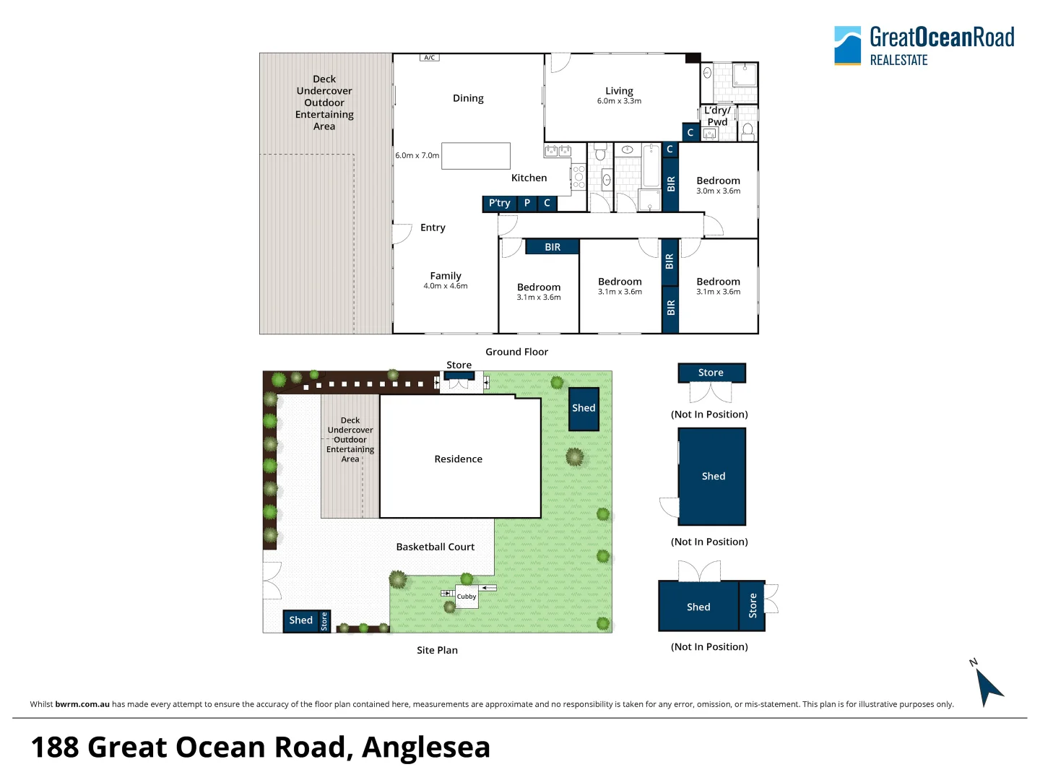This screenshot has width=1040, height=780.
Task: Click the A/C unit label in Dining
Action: pyautogui.click(x=429, y=57)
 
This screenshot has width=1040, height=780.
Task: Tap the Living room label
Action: pyautogui.click(x=619, y=91)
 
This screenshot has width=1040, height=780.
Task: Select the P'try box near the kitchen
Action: pyautogui.click(x=500, y=204)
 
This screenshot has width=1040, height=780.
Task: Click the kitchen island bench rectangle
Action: pyautogui.click(x=475, y=156)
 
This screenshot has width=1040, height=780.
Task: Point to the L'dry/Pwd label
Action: pyautogui.click(x=717, y=116)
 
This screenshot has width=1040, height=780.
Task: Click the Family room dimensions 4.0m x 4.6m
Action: pyautogui.click(x=446, y=286)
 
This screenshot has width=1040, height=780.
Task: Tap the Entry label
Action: pyautogui.click(x=433, y=227)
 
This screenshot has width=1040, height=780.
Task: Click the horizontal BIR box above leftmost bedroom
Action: pyautogui.click(x=552, y=247)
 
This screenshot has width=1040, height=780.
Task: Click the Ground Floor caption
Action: pyautogui.click(x=516, y=352)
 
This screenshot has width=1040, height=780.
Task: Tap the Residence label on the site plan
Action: pyautogui.click(x=458, y=459)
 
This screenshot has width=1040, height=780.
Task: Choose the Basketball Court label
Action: pyautogui.click(x=435, y=547)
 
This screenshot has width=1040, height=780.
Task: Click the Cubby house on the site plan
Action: pyautogui.click(x=467, y=597)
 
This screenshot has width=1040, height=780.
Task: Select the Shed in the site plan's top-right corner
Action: pyautogui.click(x=584, y=408)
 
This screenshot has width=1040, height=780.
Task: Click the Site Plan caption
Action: pyautogui.click(x=437, y=650)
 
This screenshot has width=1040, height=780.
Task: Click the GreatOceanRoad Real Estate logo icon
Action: pyautogui.click(x=847, y=45)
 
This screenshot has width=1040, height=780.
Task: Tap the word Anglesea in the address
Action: pyautogui.click(x=425, y=747)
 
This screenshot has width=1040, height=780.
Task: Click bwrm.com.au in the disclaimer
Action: pyautogui.click(x=82, y=704)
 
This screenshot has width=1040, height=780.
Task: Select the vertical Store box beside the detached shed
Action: pyautogui.click(x=753, y=606)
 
